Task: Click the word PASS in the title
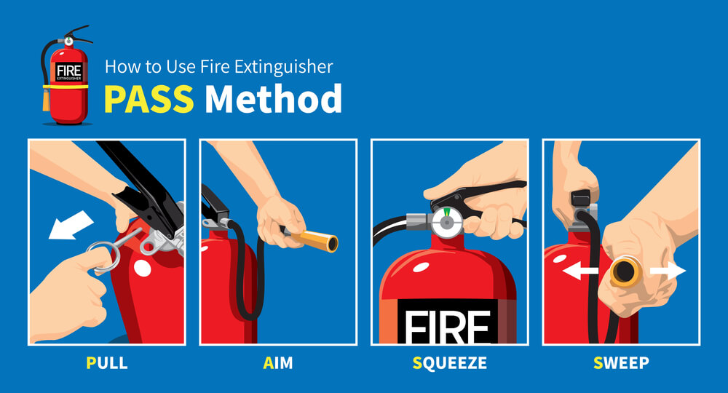coord(149,99)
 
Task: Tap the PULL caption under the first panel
coord(106,362)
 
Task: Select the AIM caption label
coord(278,362)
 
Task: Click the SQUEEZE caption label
coord(449,362)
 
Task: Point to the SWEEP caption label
coord(621,362)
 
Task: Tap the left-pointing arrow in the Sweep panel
coord(580,271)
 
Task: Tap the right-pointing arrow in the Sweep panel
coord(668,271)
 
